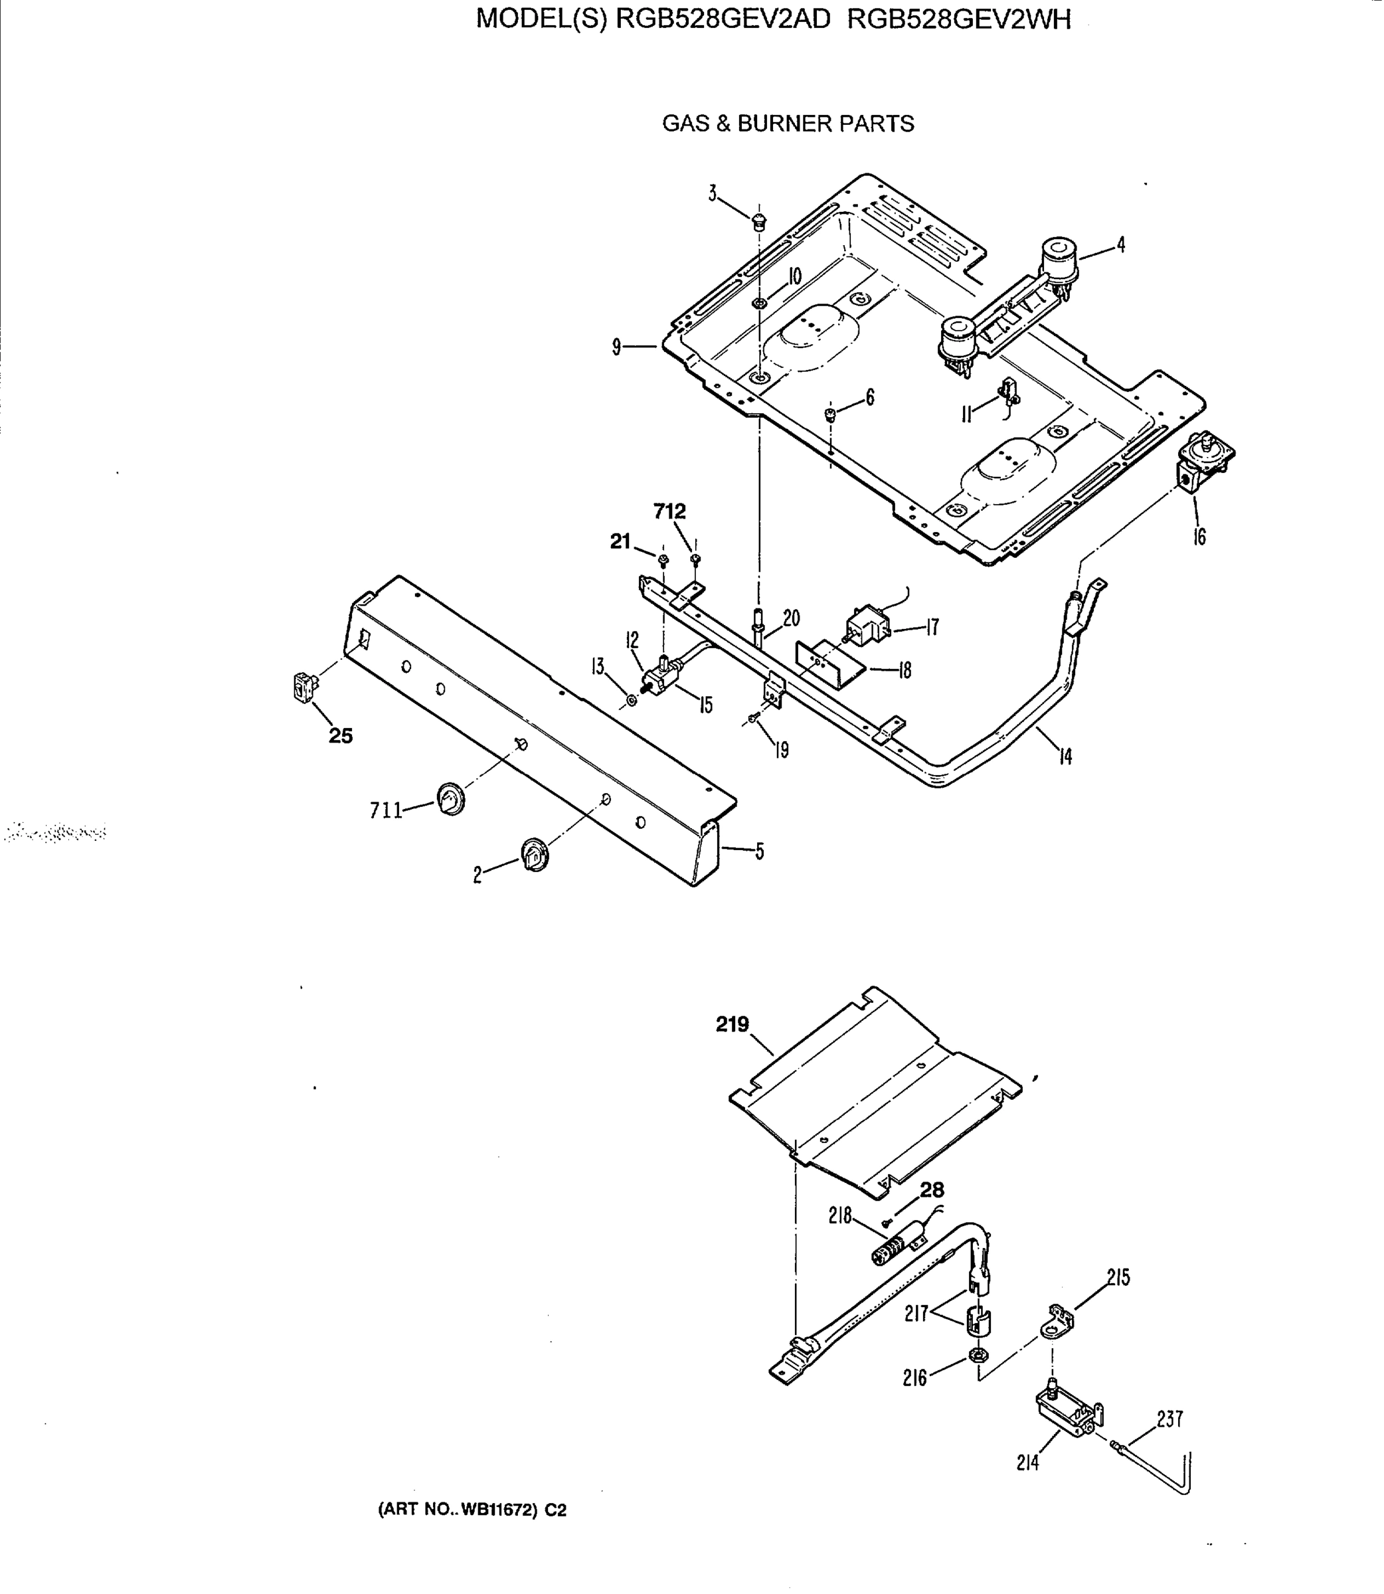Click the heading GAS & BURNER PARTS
pos(788,124)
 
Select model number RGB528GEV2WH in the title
pos(959,19)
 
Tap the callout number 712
pos(669,511)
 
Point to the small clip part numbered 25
pos(304,686)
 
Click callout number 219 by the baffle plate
pos(731,1025)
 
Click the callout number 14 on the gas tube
pos(1065,757)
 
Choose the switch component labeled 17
pos(867,626)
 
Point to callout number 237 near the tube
pos(1169,1419)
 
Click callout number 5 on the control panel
pos(759,852)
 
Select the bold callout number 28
pos(932,1190)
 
